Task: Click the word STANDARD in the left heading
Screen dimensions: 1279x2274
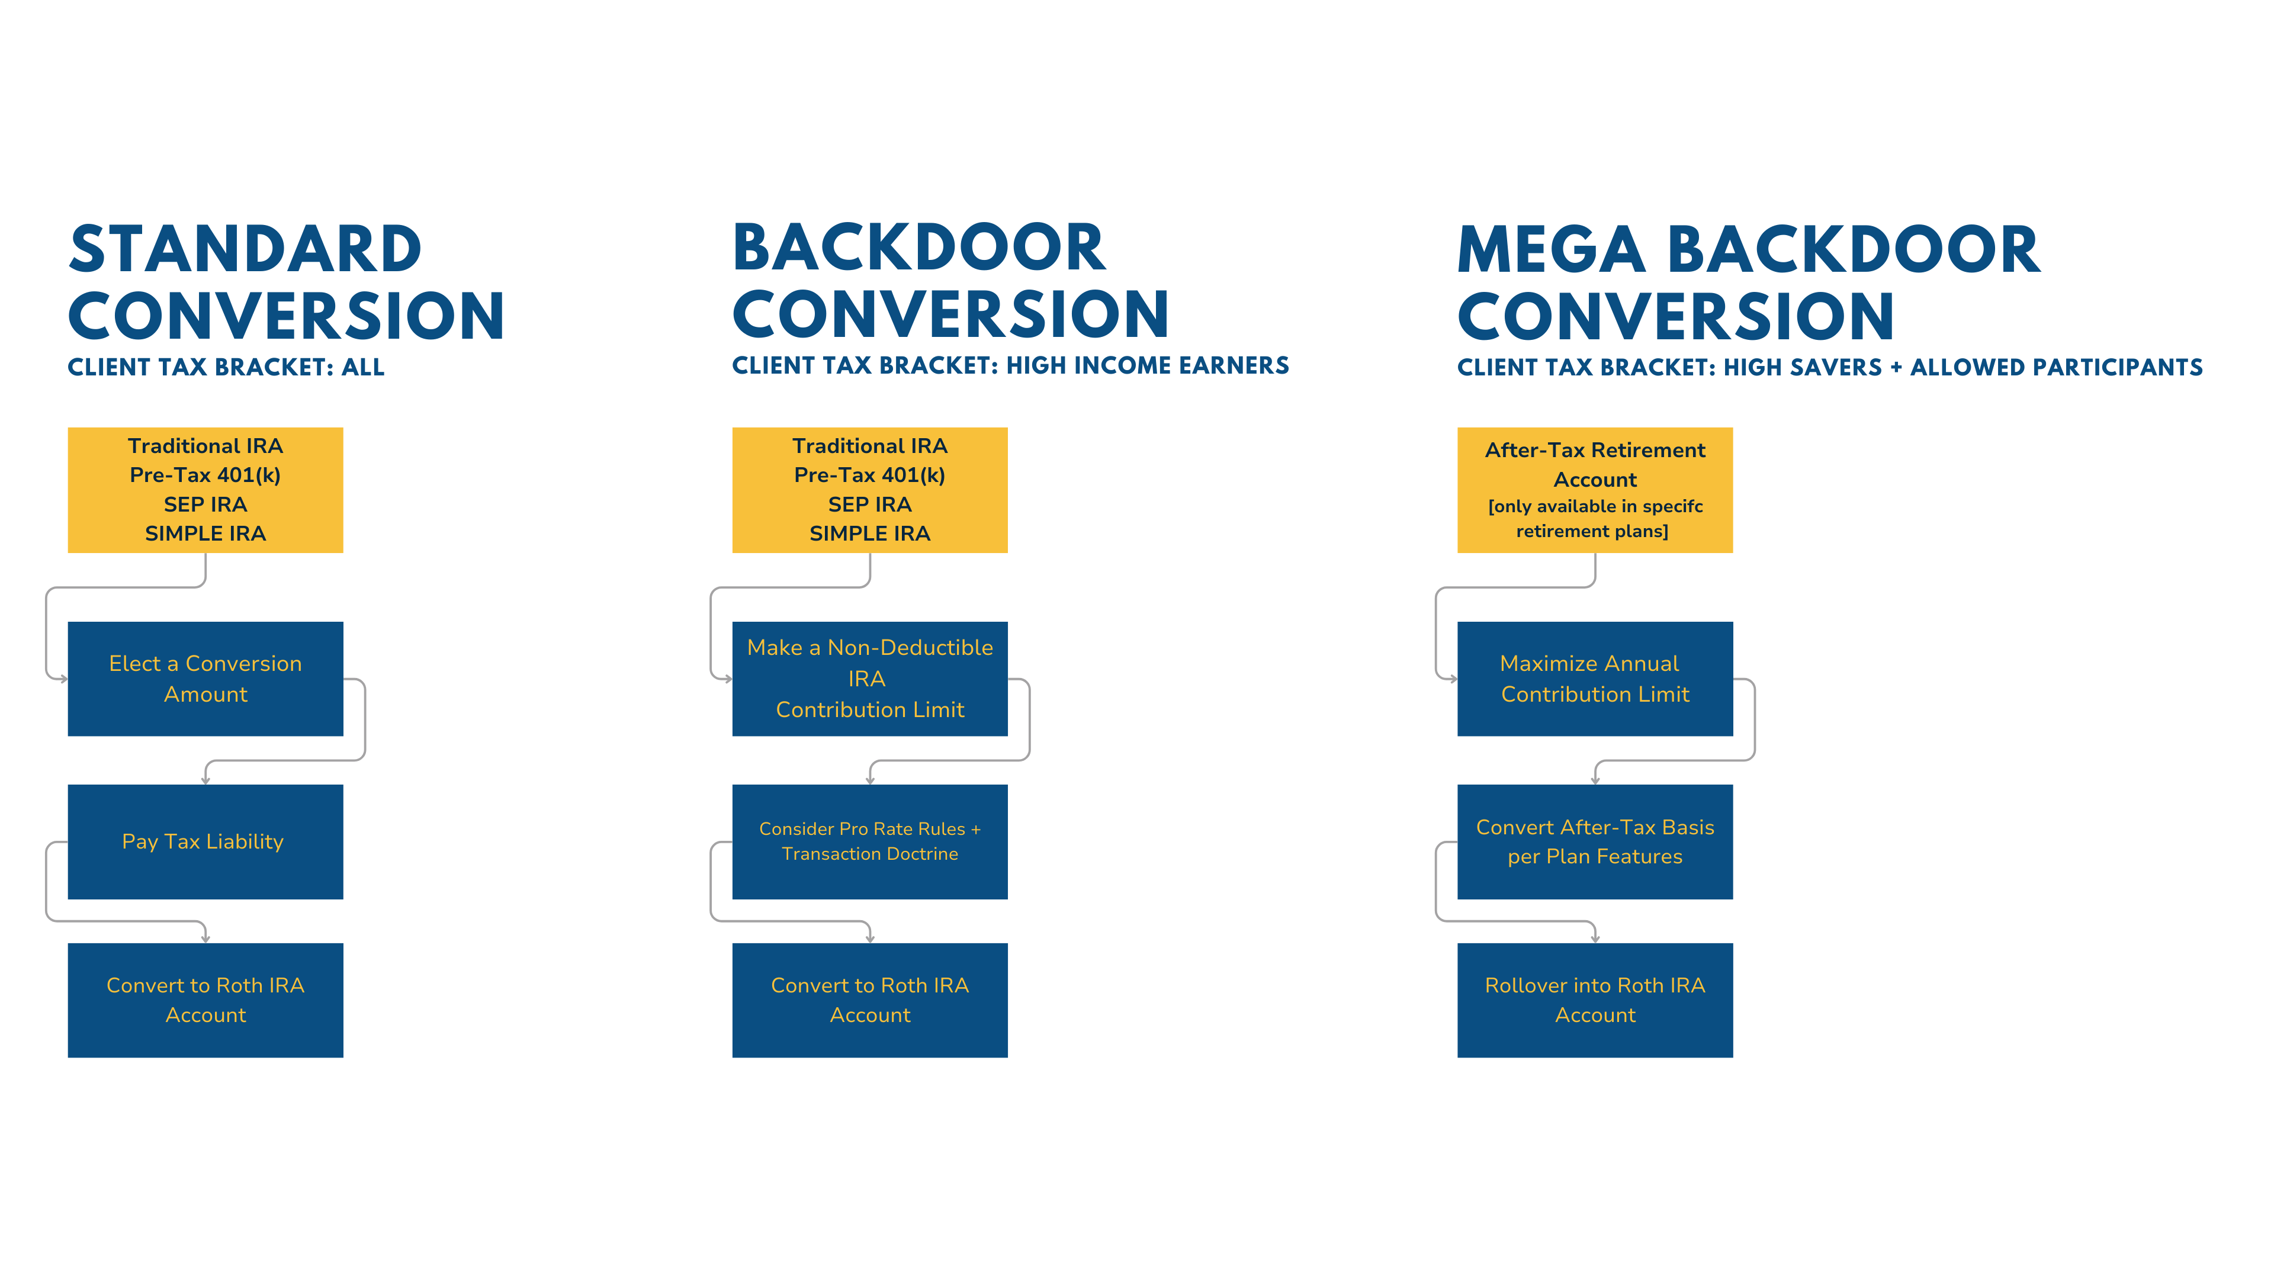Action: click(245, 250)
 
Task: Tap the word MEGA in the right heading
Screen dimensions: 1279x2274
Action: click(1551, 250)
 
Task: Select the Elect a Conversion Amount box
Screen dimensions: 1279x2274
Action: click(205, 678)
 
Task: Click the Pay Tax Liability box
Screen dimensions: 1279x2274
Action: click(205, 841)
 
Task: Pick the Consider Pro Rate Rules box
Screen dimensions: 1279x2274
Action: click(869, 841)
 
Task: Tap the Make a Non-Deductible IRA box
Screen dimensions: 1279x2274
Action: click(869, 678)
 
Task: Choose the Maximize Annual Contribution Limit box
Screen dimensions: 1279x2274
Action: click(1594, 678)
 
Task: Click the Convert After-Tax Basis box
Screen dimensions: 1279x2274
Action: click(1594, 841)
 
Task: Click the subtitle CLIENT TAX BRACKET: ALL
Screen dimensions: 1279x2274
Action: click(226, 367)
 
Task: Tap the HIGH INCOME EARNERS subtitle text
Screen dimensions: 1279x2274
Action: click(1148, 365)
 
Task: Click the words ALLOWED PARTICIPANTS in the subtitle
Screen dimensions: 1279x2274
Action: click(2056, 367)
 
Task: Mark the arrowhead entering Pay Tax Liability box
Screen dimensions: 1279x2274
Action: click(205, 779)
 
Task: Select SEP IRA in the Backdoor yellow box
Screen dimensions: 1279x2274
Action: click(869, 504)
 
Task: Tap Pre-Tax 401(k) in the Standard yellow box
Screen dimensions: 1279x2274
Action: click(205, 475)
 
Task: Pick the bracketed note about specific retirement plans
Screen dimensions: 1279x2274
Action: click(1594, 518)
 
